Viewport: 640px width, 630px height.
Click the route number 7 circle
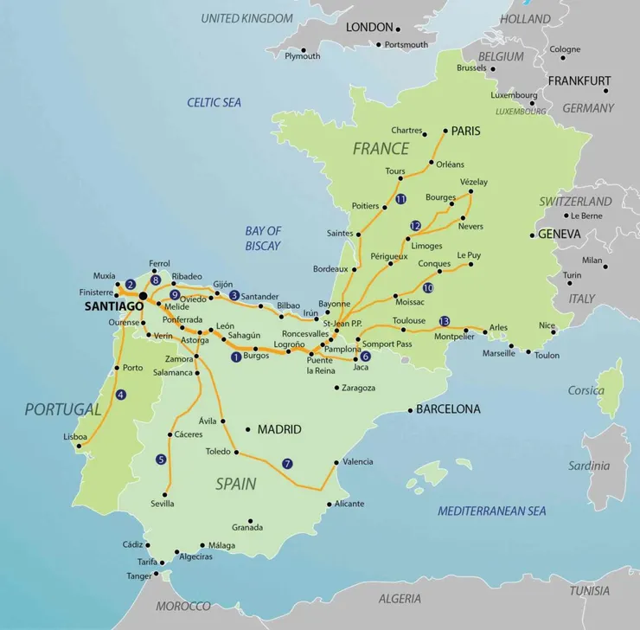[288, 464]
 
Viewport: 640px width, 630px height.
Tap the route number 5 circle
[161, 460]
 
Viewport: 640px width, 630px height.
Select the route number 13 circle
[445, 319]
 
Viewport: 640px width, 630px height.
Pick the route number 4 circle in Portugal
[121, 395]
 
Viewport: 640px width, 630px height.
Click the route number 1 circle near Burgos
[236, 356]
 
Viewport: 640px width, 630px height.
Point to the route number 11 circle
[400, 199]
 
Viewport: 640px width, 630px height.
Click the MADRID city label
[279, 429]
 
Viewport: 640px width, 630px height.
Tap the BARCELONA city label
[448, 409]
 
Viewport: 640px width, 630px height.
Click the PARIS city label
[466, 132]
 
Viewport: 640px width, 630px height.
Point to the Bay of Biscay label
[263, 238]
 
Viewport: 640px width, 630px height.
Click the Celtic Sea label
[214, 102]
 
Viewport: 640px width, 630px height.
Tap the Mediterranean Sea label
[491, 511]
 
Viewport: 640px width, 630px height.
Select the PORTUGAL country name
[63, 409]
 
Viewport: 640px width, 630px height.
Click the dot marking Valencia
[336, 462]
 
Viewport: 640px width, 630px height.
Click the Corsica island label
[586, 390]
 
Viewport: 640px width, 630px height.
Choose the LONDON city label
[369, 28]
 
